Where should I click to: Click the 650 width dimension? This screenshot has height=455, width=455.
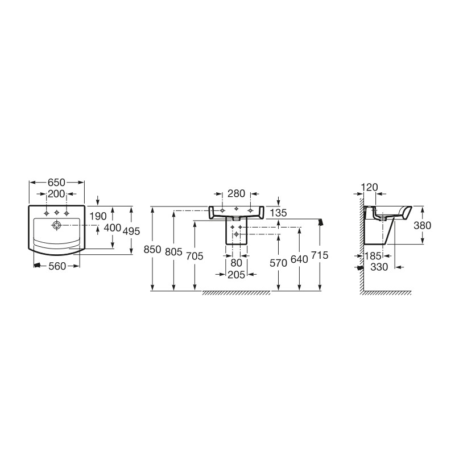pos(56,183)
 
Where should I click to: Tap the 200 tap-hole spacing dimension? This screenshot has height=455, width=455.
pos(56,194)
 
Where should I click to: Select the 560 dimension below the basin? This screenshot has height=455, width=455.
pos(57,266)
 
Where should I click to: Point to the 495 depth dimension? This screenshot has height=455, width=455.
pos(131,231)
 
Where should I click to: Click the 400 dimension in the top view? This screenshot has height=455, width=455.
pos(112,228)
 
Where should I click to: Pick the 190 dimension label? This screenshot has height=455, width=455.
pos(98,216)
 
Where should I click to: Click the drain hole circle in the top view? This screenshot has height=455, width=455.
pos(56,225)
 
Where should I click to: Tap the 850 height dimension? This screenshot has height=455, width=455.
pos(152,250)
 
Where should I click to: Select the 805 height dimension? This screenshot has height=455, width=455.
pos(173,251)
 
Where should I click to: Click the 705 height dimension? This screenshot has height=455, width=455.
pos(195,256)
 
